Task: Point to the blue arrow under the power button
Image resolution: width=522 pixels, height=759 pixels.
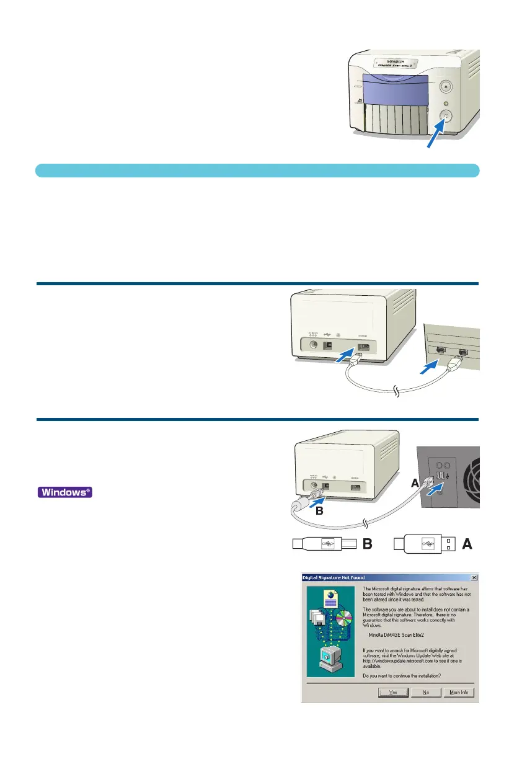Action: click(435, 135)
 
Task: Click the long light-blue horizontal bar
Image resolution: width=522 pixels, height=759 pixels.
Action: click(257, 170)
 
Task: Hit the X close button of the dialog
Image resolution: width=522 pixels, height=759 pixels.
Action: click(474, 577)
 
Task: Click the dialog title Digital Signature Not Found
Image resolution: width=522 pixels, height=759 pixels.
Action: click(334, 577)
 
